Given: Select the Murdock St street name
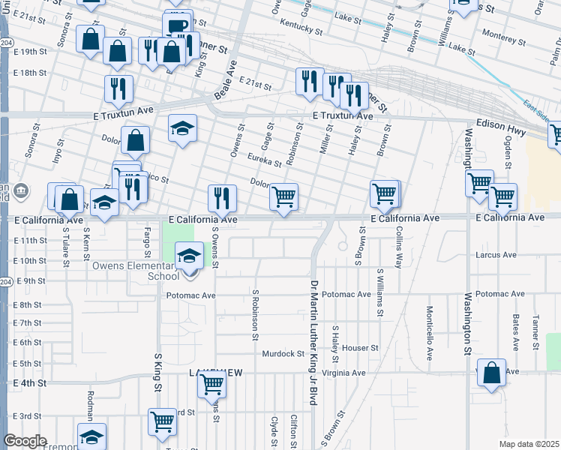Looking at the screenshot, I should (x=282, y=353).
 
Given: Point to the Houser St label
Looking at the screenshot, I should (x=361, y=348).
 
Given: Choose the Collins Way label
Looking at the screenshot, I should (x=399, y=248).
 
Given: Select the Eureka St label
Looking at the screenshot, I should (x=266, y=160).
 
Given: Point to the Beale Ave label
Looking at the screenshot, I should (x=226, y=76).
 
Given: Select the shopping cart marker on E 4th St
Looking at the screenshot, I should (x=212, y=385).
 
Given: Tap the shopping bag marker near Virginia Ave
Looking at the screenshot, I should (x=490, y=373).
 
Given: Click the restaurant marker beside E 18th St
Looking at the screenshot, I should (x=119, y=88).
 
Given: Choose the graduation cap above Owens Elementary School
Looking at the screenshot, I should (x=190, y=256).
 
